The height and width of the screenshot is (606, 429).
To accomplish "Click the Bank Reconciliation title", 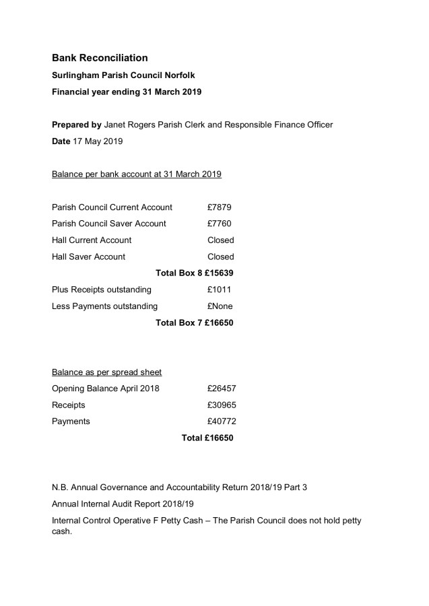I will tap(100, 59).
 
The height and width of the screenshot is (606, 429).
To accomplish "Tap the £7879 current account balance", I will tap(220, 207).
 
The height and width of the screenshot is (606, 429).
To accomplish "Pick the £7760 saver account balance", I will tap(220, 224).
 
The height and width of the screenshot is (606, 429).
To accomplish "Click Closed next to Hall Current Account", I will tap(221, 240).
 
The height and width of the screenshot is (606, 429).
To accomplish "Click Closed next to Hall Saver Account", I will tap(221, 257).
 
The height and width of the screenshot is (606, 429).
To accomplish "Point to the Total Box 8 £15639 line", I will tap(195, 273).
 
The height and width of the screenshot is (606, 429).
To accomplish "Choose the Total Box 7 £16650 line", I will tap(195, 323).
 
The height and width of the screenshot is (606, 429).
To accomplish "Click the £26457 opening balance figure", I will tap(222, 389).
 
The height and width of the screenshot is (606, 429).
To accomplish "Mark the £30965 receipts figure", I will tap(222, 405).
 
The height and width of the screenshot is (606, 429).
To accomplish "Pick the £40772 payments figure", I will tap(222, 422).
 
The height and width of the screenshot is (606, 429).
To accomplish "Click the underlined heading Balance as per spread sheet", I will tap(106, 372).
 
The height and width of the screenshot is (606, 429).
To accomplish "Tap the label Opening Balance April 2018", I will tap(106, 389).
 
